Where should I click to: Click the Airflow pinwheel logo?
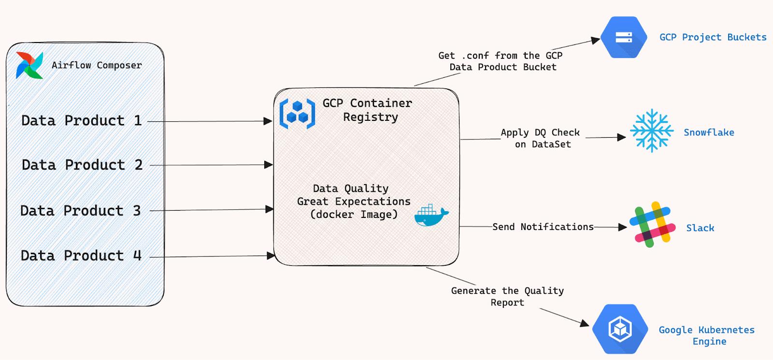click(x=29, y=65)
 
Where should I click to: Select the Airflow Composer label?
click(x=97, y=65)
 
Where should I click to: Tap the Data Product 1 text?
click(x=82, y=120)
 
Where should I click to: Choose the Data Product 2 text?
click(x=82, y=165)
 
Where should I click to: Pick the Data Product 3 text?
click(x=80, y=211)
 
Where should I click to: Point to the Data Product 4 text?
click(x=81, y=256)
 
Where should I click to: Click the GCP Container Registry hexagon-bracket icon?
click(x=297, y=114)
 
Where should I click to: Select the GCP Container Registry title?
click(x=368, y=110)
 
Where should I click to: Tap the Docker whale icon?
click(x=431, y=215)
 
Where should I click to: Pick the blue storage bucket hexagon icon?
click(x=624, y=37)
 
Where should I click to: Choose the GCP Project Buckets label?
click(x=713, y=37)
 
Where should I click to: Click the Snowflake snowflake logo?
click(x=652, y=130)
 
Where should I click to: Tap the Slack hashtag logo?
click(x=652, y=225)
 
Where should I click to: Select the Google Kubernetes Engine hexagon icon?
click(x=620, y=329)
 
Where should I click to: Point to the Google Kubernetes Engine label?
click(x=707, y=335)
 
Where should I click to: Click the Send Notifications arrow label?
click(x=543, y=227)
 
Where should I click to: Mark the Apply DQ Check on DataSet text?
click(x=541, y=138)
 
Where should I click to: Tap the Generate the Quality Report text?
click(x=507, y=297)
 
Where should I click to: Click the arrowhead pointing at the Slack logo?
click(x=623, y=227)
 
